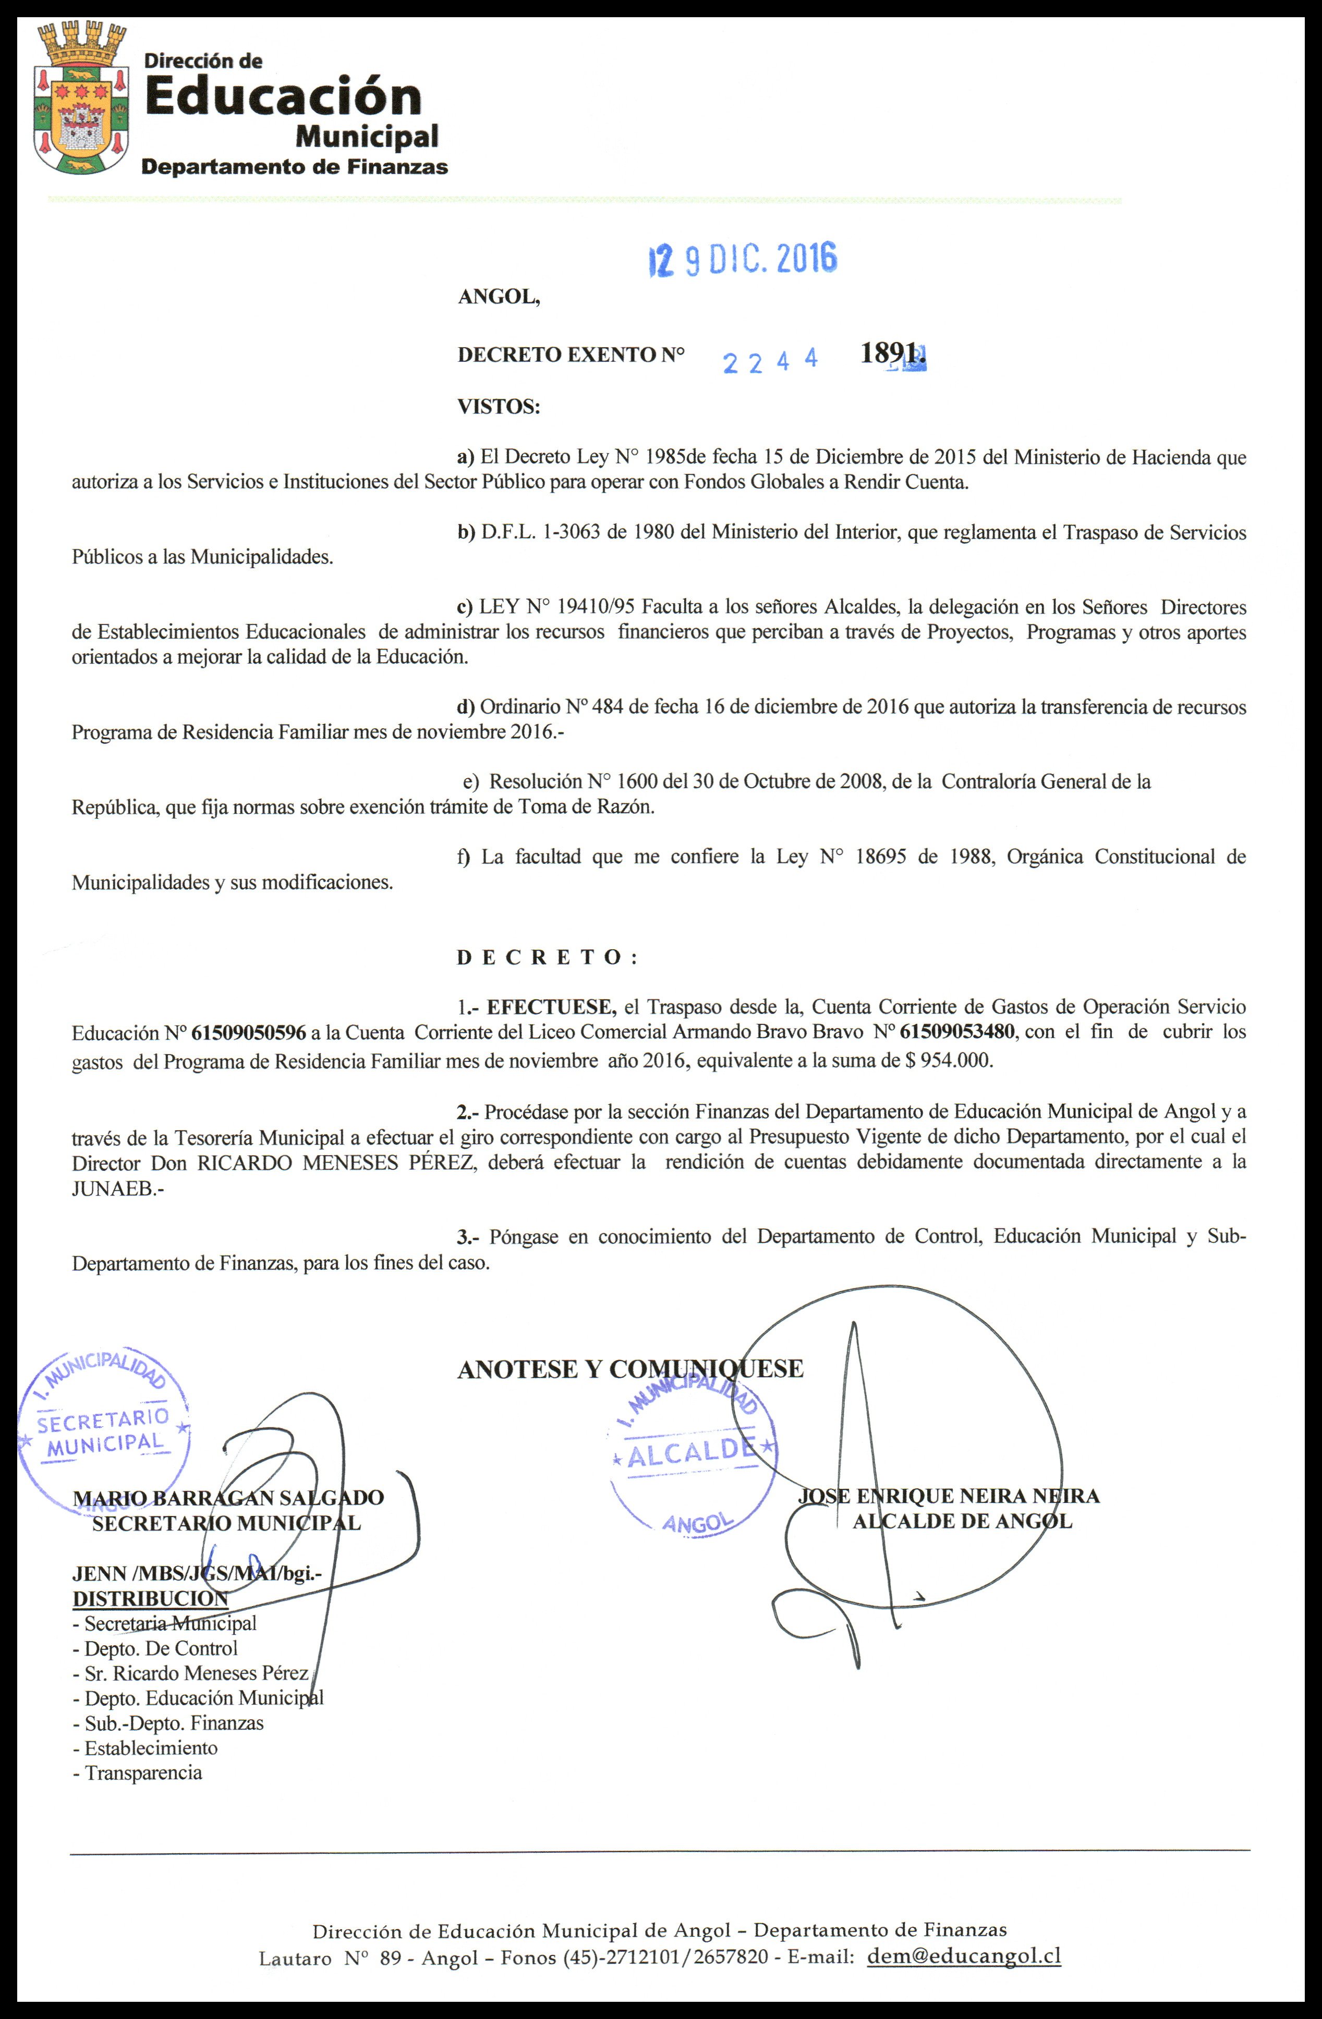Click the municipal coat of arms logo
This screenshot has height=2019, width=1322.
[81, 99]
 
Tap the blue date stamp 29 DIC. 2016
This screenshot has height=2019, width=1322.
[743, 259]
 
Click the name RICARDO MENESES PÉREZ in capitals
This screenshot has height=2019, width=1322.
[336, 1162]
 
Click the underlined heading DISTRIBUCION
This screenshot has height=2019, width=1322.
[150, 1599]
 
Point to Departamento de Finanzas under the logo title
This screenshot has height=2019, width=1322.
[295, 167]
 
